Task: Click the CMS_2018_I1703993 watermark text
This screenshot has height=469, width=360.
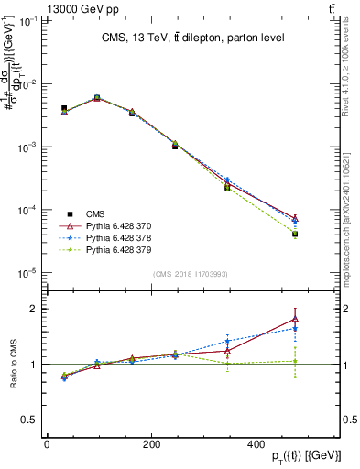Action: point(190,273)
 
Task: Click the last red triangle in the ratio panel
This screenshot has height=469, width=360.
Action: point(295,320)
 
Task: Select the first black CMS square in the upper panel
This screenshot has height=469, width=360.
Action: point(64,108)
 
